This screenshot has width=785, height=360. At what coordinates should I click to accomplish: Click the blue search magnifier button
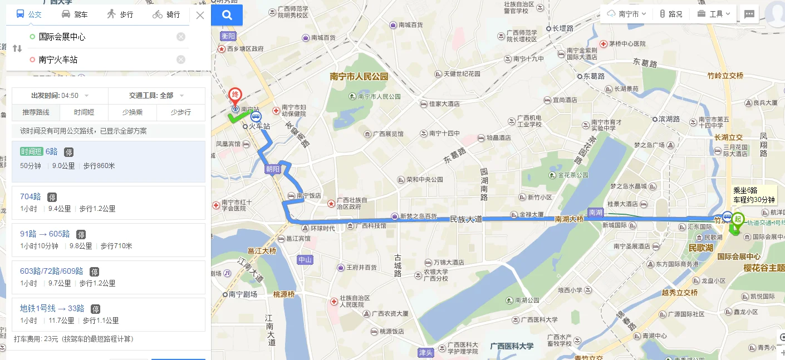[x=227, y=15]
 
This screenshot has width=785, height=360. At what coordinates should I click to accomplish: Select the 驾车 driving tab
[x=74, y=14]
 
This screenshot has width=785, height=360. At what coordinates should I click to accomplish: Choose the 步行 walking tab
[x=120, y=14]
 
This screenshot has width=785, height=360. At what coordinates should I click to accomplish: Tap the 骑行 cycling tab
[x=166, y=14]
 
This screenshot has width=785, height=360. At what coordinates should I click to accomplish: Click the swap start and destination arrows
[x=17, y=48]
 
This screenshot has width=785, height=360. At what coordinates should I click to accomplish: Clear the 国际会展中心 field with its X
[x=181, y=37]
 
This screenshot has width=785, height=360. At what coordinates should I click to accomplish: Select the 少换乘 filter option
[x=132, y=112]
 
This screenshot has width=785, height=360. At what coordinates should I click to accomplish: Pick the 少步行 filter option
[x=180, y=112]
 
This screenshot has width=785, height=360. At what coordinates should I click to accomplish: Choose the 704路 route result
[x=31, y=196]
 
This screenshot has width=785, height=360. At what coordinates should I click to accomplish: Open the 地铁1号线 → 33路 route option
[x=52, y=308]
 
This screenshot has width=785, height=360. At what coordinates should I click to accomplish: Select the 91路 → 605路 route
[x=45, y=234]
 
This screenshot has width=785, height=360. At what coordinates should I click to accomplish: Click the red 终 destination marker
[x=235, y=95]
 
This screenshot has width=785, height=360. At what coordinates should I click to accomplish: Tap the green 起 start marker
[x=738, y=219]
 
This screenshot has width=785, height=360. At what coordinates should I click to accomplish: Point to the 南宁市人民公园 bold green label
[x=359, y=77]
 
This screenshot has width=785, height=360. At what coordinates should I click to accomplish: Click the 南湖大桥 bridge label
[x=568, y=219]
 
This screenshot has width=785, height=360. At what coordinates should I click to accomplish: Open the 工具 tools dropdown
[x=717, y=14]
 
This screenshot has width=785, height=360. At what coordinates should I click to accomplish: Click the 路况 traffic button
[x=671, y=14]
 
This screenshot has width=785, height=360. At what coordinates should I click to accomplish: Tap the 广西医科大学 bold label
[x=512, y=346]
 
